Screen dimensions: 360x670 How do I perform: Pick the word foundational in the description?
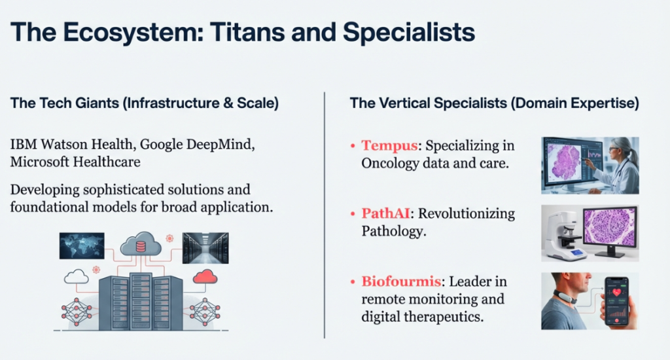[54, 207]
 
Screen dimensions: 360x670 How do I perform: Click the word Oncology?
[390, 164]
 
